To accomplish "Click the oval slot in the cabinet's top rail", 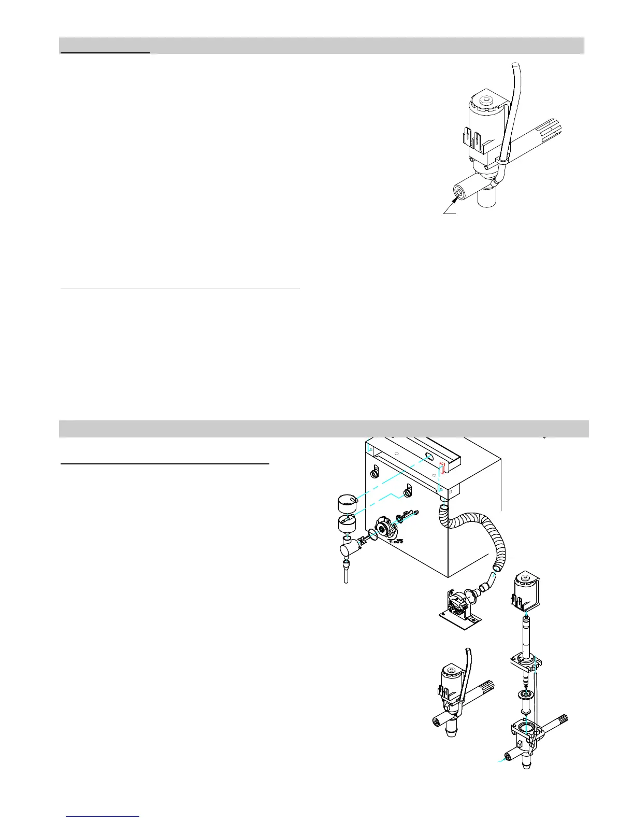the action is click(x=429, y=457).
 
